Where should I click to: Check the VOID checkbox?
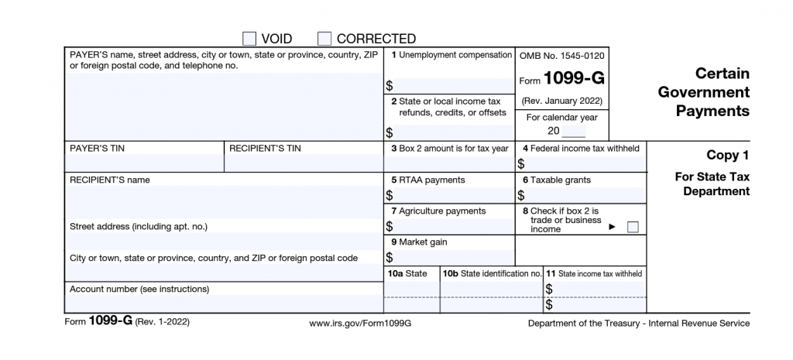[249, 38]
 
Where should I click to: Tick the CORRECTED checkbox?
[324, 38]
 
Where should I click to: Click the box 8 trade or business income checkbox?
[632, 227]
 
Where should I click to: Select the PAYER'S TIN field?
[145, 163]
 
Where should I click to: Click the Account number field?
[223, 303]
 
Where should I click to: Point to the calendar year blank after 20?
[574, 131]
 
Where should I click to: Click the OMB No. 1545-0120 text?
[562, 56]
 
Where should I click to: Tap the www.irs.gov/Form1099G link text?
[359, 323]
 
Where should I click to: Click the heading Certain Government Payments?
[703, 92]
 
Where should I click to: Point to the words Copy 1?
[727, 155]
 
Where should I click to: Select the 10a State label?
[407, 273]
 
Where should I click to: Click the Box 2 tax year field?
[448, 163]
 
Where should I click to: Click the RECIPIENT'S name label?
[110, 180]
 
